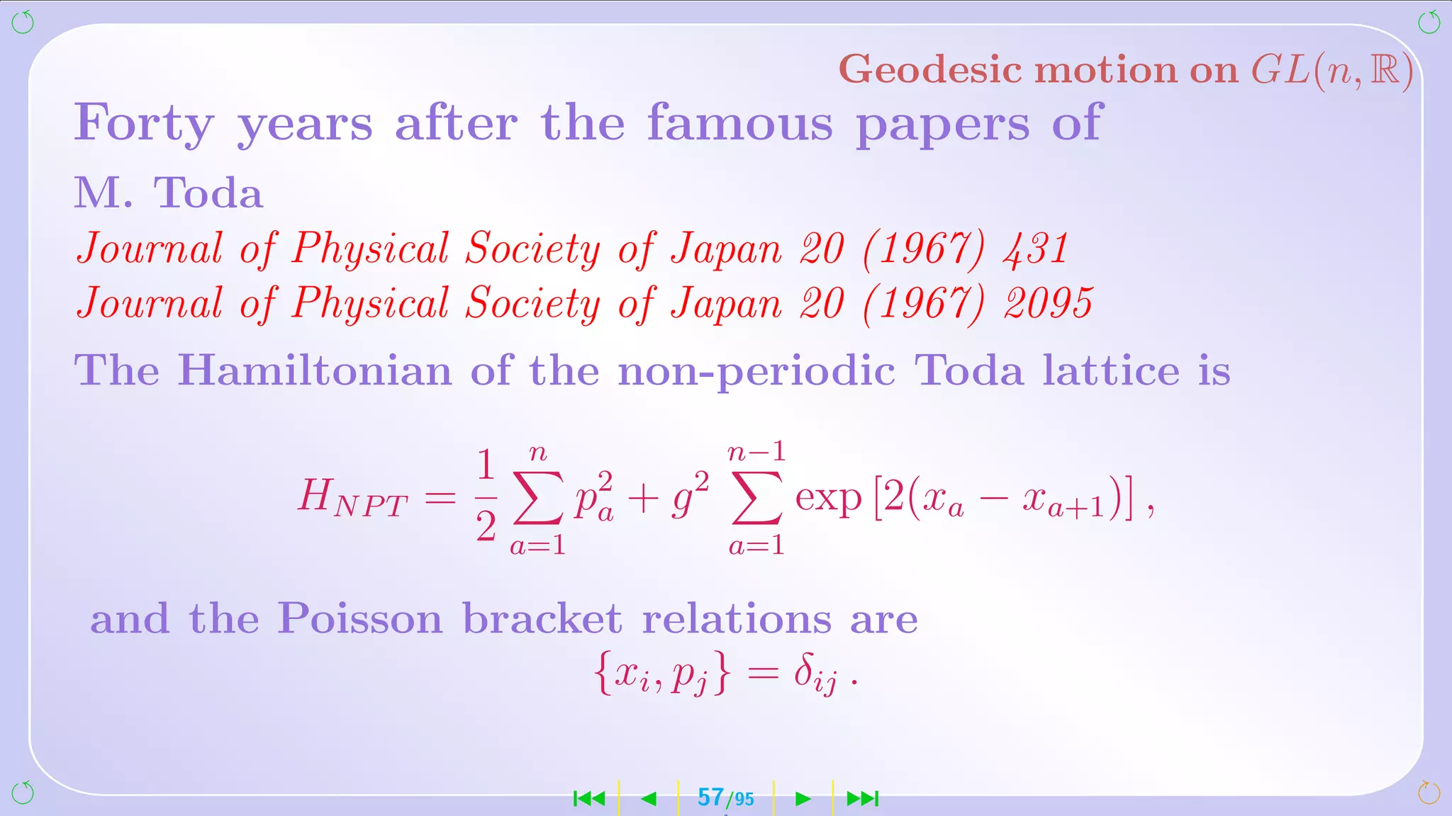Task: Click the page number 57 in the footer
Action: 710,798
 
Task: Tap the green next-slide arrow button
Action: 803,799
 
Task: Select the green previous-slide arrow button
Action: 648,799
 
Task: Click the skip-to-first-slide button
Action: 589,799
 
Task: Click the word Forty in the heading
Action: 144,123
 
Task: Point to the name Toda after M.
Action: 208,193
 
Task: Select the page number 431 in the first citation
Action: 1036,249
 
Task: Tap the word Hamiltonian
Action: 314,370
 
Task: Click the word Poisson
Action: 359,618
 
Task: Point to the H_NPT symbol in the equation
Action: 352,497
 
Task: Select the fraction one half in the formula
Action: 486,496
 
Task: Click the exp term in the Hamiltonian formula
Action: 827,497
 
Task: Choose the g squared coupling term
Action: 690,496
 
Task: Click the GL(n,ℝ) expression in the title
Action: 1332,70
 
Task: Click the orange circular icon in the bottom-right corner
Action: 1429,793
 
